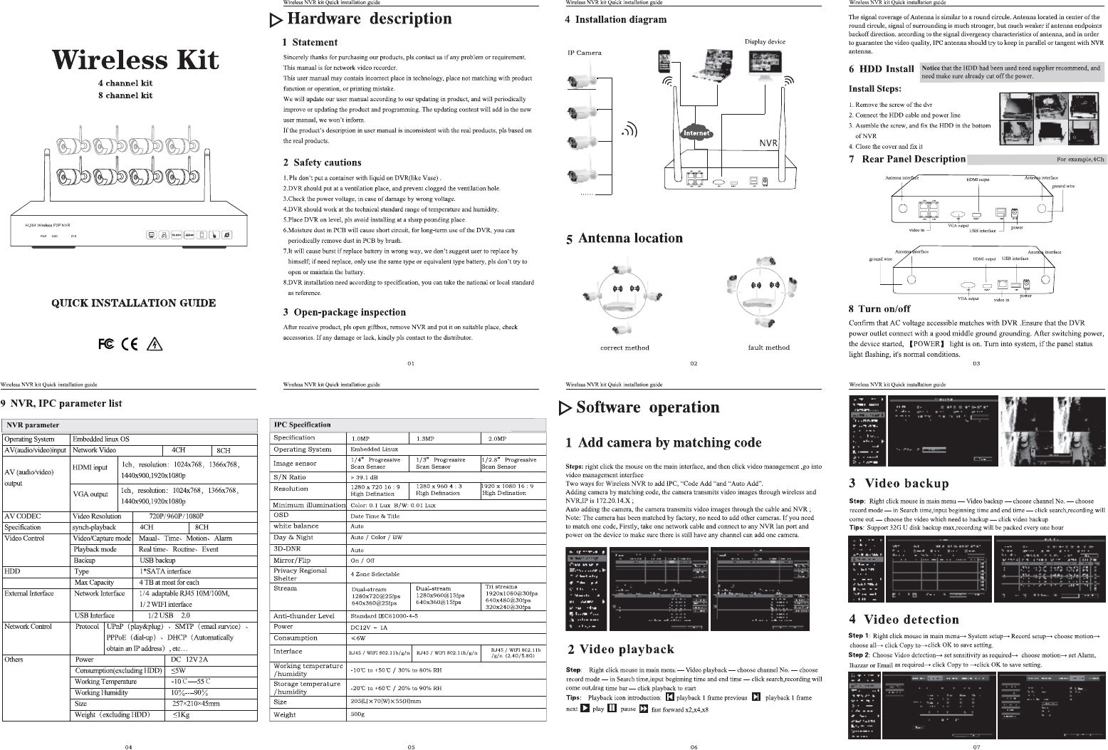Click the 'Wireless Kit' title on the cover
coord(135,59)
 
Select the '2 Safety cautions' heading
coord(322,162)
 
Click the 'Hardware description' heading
coord(369,19)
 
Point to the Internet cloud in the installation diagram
coord(696,133)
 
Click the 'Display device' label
coord(765,41)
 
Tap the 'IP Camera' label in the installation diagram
coord(584,53)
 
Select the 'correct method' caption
coord(624,348)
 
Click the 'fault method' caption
coord(768,348)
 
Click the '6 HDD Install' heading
coord(881,69)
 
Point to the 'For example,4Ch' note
coord(1080,160)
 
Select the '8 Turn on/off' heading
coord(879,308)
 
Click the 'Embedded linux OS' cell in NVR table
coord(101,439)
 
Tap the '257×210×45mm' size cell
coord(196,703)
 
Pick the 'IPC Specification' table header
coord(303,425)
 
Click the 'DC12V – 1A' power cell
coord(369,627)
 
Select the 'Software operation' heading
coord(647,407)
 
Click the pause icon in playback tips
coord(612,709)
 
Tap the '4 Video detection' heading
coord(904,620)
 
